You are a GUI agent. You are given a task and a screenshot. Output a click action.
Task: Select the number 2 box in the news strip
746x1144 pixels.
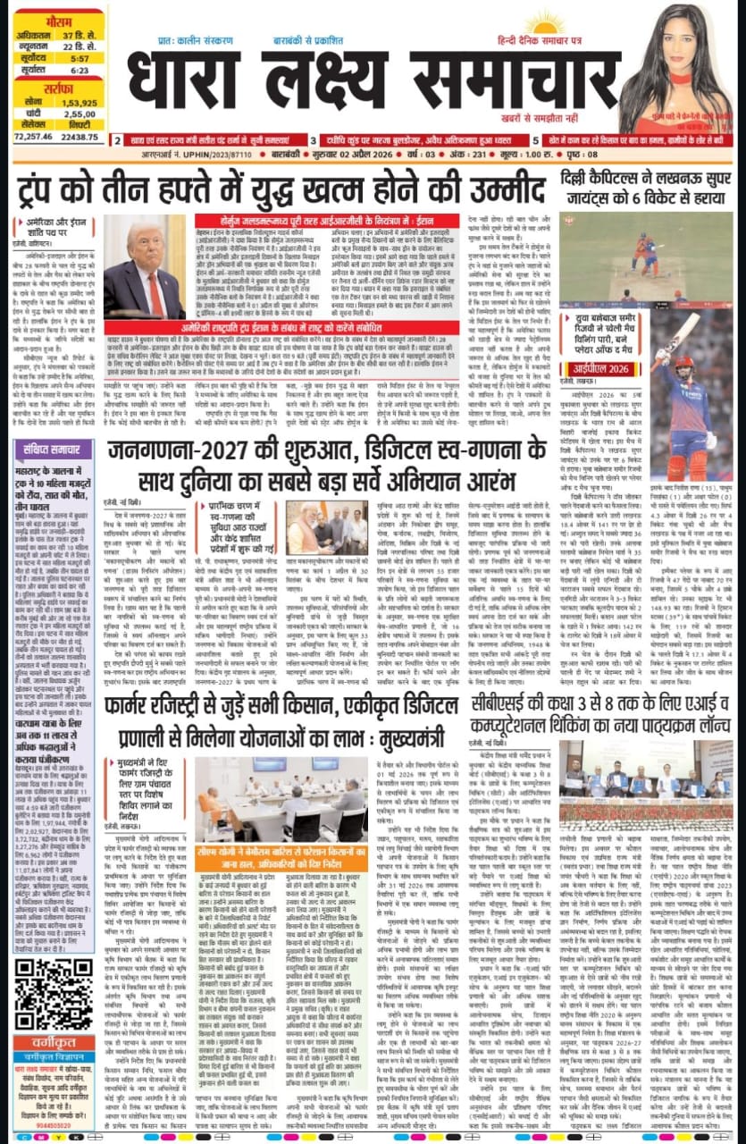click(115, 140)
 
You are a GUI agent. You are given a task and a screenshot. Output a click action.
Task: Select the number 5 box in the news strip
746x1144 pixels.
click(535, 140)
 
